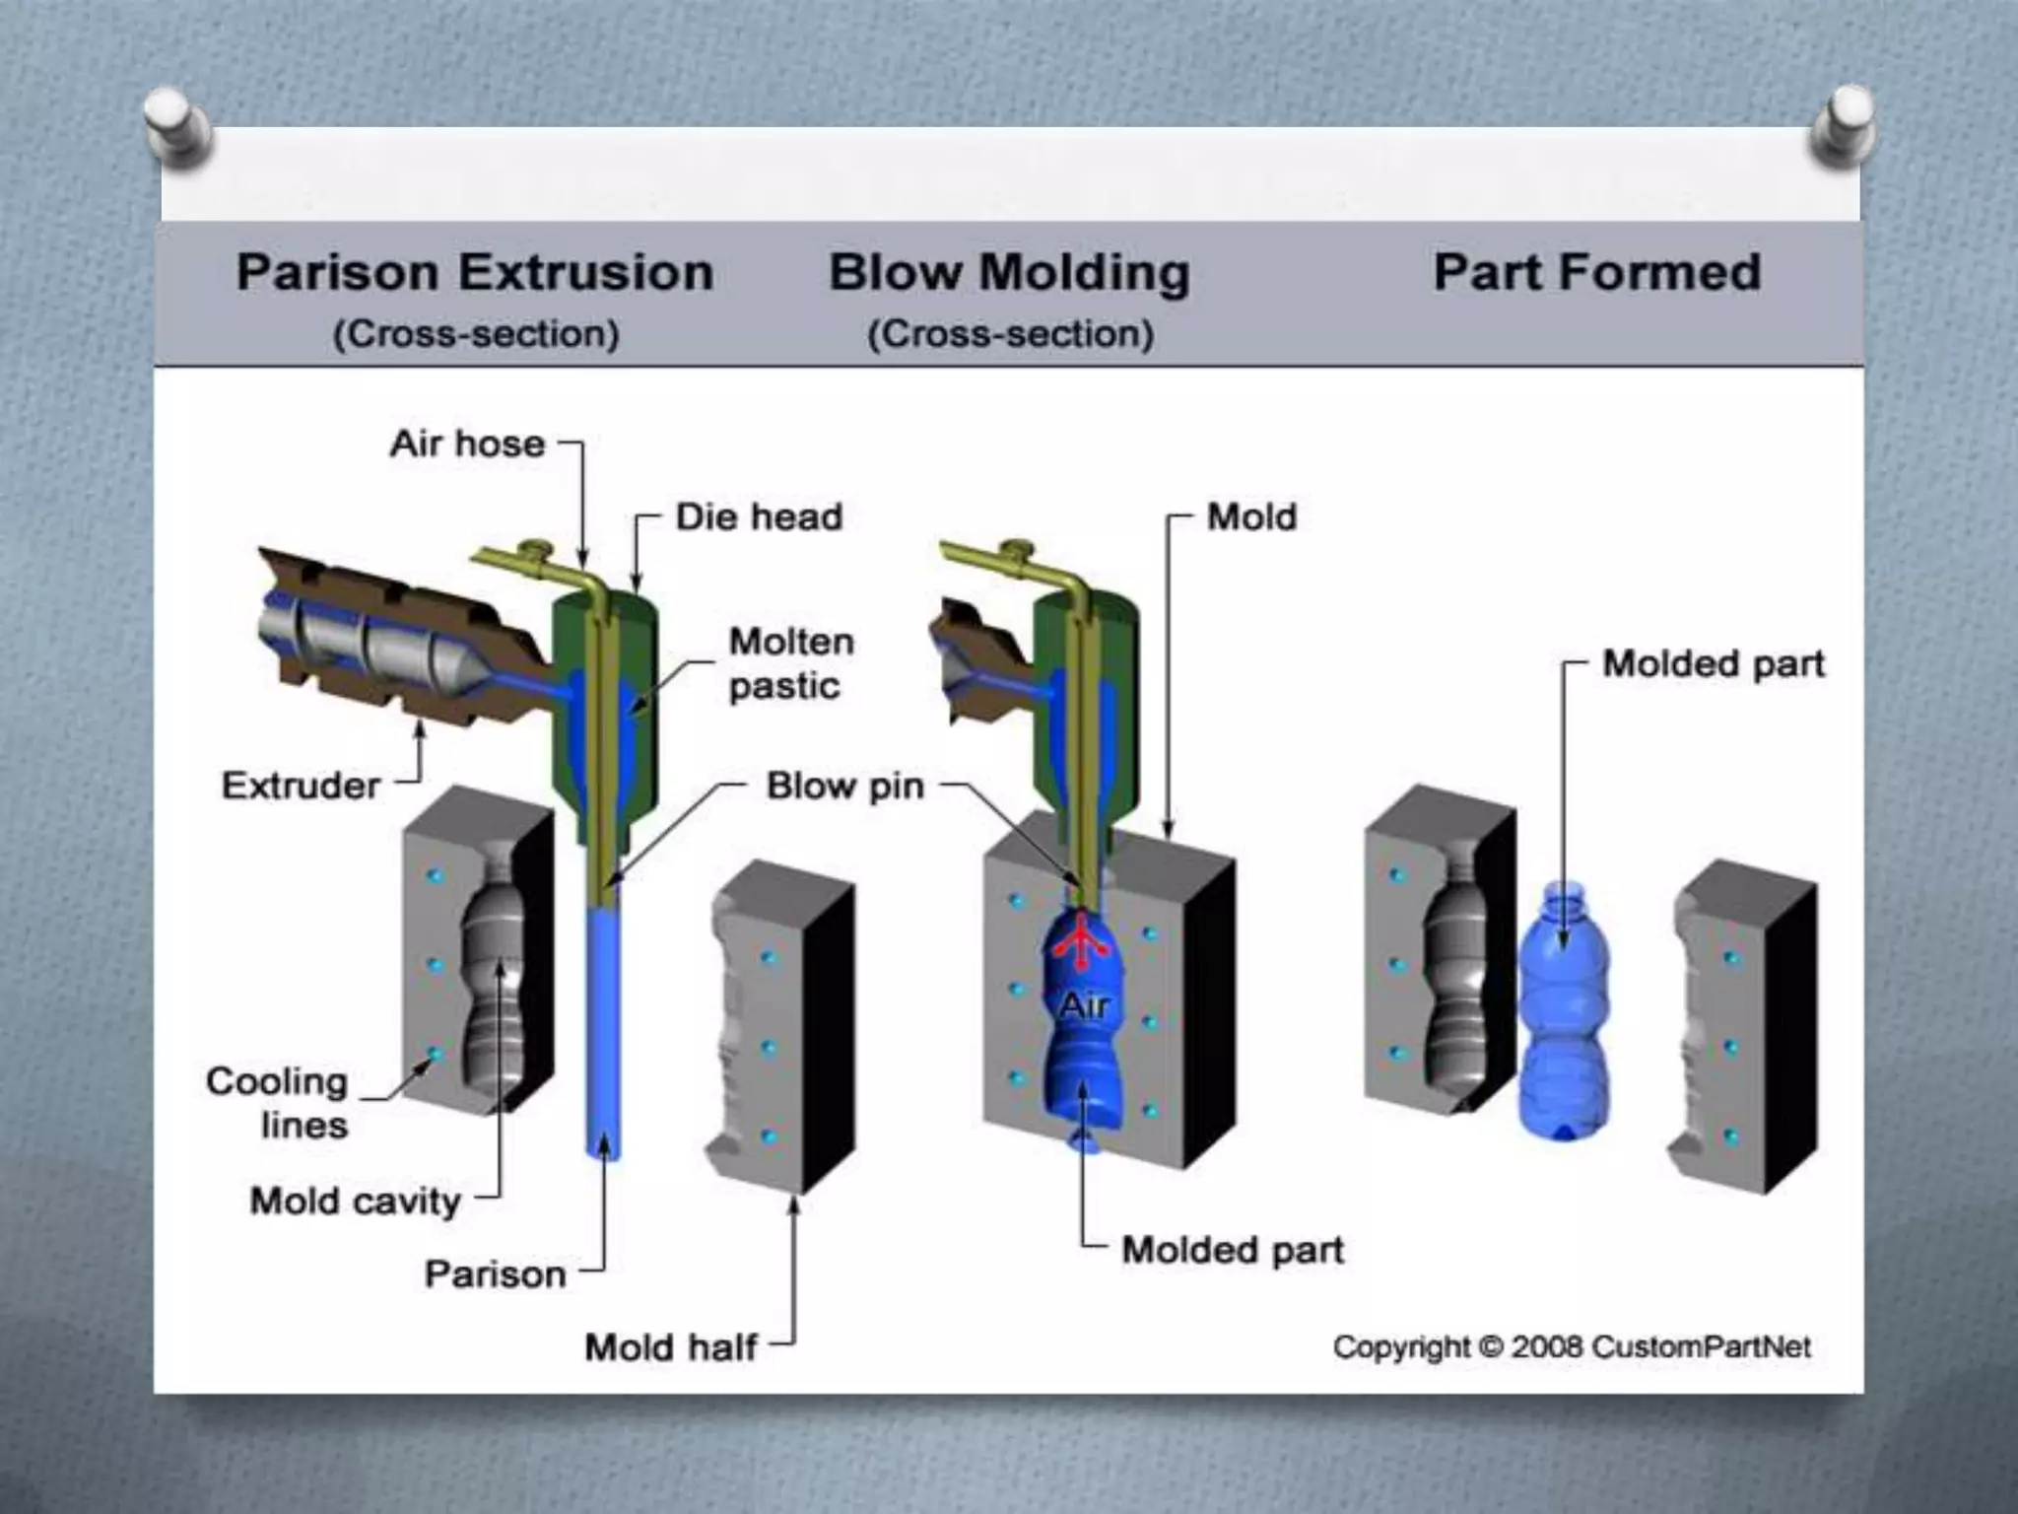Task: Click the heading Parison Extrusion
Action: (475, 273)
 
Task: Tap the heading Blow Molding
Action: (1009, 273)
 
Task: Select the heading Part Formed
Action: (1596, 273)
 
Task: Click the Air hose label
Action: (467, 445)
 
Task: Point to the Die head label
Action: (759, 517)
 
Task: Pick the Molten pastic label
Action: (790, 663)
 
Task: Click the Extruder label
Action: (301, 786)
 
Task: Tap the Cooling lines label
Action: (278, 1103)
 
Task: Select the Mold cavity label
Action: (355, 1201)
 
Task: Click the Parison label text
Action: (495, 1274)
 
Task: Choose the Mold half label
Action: (670, 1347)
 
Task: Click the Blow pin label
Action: (845, 787)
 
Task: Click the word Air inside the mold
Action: (1084, 1006)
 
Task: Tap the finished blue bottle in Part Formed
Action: (1565, 1015)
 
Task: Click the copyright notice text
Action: (1572, 1347)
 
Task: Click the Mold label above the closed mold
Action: (1251, 517)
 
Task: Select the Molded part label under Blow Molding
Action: (1232, 1250)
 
